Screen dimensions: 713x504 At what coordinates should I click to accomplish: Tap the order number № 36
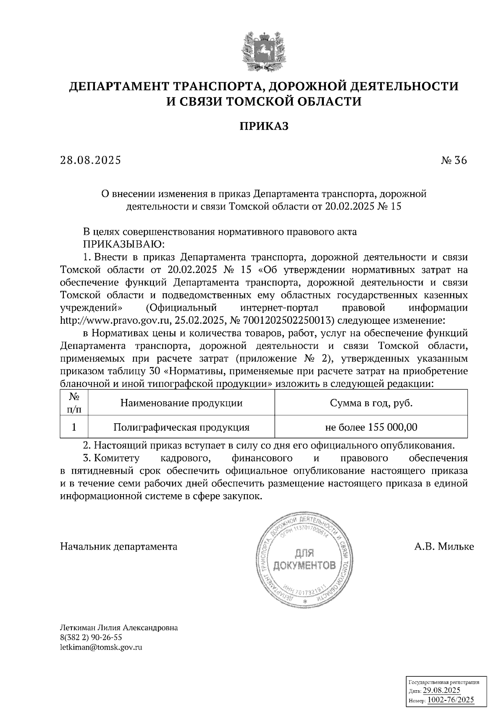tap(454, 160)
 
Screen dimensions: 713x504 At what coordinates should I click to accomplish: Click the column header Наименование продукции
tap(181, 404)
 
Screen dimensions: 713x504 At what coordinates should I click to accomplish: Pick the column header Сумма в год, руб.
tap(371, 404)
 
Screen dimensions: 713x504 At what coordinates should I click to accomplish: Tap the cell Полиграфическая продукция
tap(181, 427)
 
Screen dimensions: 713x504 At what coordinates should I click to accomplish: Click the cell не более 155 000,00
tap(371, 427)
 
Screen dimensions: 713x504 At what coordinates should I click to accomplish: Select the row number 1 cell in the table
tap(74, 427)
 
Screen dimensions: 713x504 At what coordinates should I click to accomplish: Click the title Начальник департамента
tap(119, 547)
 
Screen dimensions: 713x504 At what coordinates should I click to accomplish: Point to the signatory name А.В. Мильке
tap(444, 547)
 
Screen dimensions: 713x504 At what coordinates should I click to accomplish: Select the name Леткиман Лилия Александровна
tap(119, 628)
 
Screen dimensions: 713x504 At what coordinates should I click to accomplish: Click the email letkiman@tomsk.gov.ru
tap(101, 647)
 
